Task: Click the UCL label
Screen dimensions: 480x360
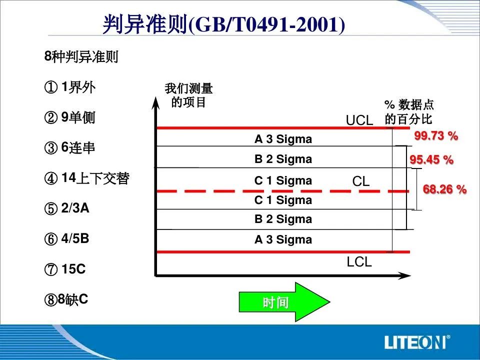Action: (x=359, y=120)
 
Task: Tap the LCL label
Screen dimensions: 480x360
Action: (x=359, y=262)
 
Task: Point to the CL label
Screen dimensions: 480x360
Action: (x=361, y=181)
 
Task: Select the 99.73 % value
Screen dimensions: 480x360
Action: (x=436, y=135)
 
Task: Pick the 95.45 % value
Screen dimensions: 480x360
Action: (x=431, y=159)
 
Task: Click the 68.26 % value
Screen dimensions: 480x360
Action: (x=444, y=189)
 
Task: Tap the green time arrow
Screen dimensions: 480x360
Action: (x=284, y=302)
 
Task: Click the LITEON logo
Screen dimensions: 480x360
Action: (x=417, y=342)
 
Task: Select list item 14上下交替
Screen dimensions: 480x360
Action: (x=87, y=178)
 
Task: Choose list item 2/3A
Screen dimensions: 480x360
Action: (x=66, y=208)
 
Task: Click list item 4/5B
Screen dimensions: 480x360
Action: (x=66, y=238)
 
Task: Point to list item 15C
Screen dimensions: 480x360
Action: (x=65, y=269)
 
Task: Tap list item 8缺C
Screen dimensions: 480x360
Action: (x=66, y=299)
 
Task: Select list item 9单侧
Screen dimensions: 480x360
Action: (x=70, y=117)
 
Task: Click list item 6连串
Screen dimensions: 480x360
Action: (x=70, y=147)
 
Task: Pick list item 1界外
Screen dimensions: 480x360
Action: (x=70, y=87)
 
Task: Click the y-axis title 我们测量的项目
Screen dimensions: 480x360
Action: (x=188, y=95)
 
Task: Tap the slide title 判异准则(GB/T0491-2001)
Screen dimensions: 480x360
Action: (x=224, y=24)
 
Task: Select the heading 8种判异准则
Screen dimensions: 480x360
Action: (x=81, y=56)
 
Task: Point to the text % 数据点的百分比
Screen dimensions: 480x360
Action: (x=409, y=111)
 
